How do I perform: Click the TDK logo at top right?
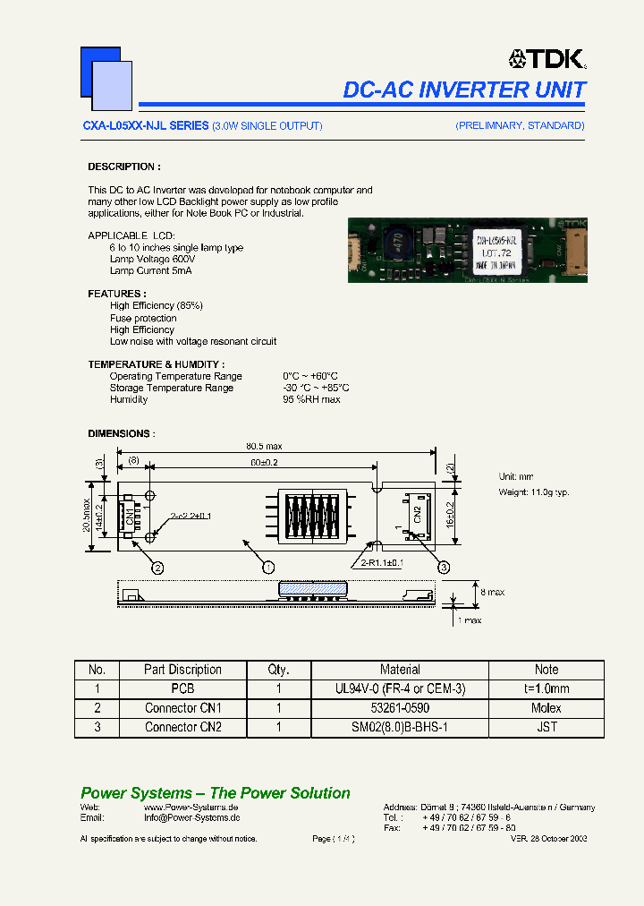coord(547,59)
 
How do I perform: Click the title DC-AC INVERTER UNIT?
coord(464,90)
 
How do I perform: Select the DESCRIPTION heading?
coord(123,167)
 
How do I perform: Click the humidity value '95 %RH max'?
coord(311,399)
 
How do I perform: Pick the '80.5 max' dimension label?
coord(264,447)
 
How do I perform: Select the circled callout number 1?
coord(267,567)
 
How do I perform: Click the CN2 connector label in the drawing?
coord(417,513)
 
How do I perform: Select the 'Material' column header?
coord(400,670)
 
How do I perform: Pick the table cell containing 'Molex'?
coord(546,708)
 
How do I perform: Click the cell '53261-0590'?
coord(400,708)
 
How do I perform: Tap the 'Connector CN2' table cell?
coord(182,727)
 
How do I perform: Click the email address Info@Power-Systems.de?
coord(191,817)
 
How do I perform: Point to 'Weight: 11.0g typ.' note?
coord(533,492)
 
